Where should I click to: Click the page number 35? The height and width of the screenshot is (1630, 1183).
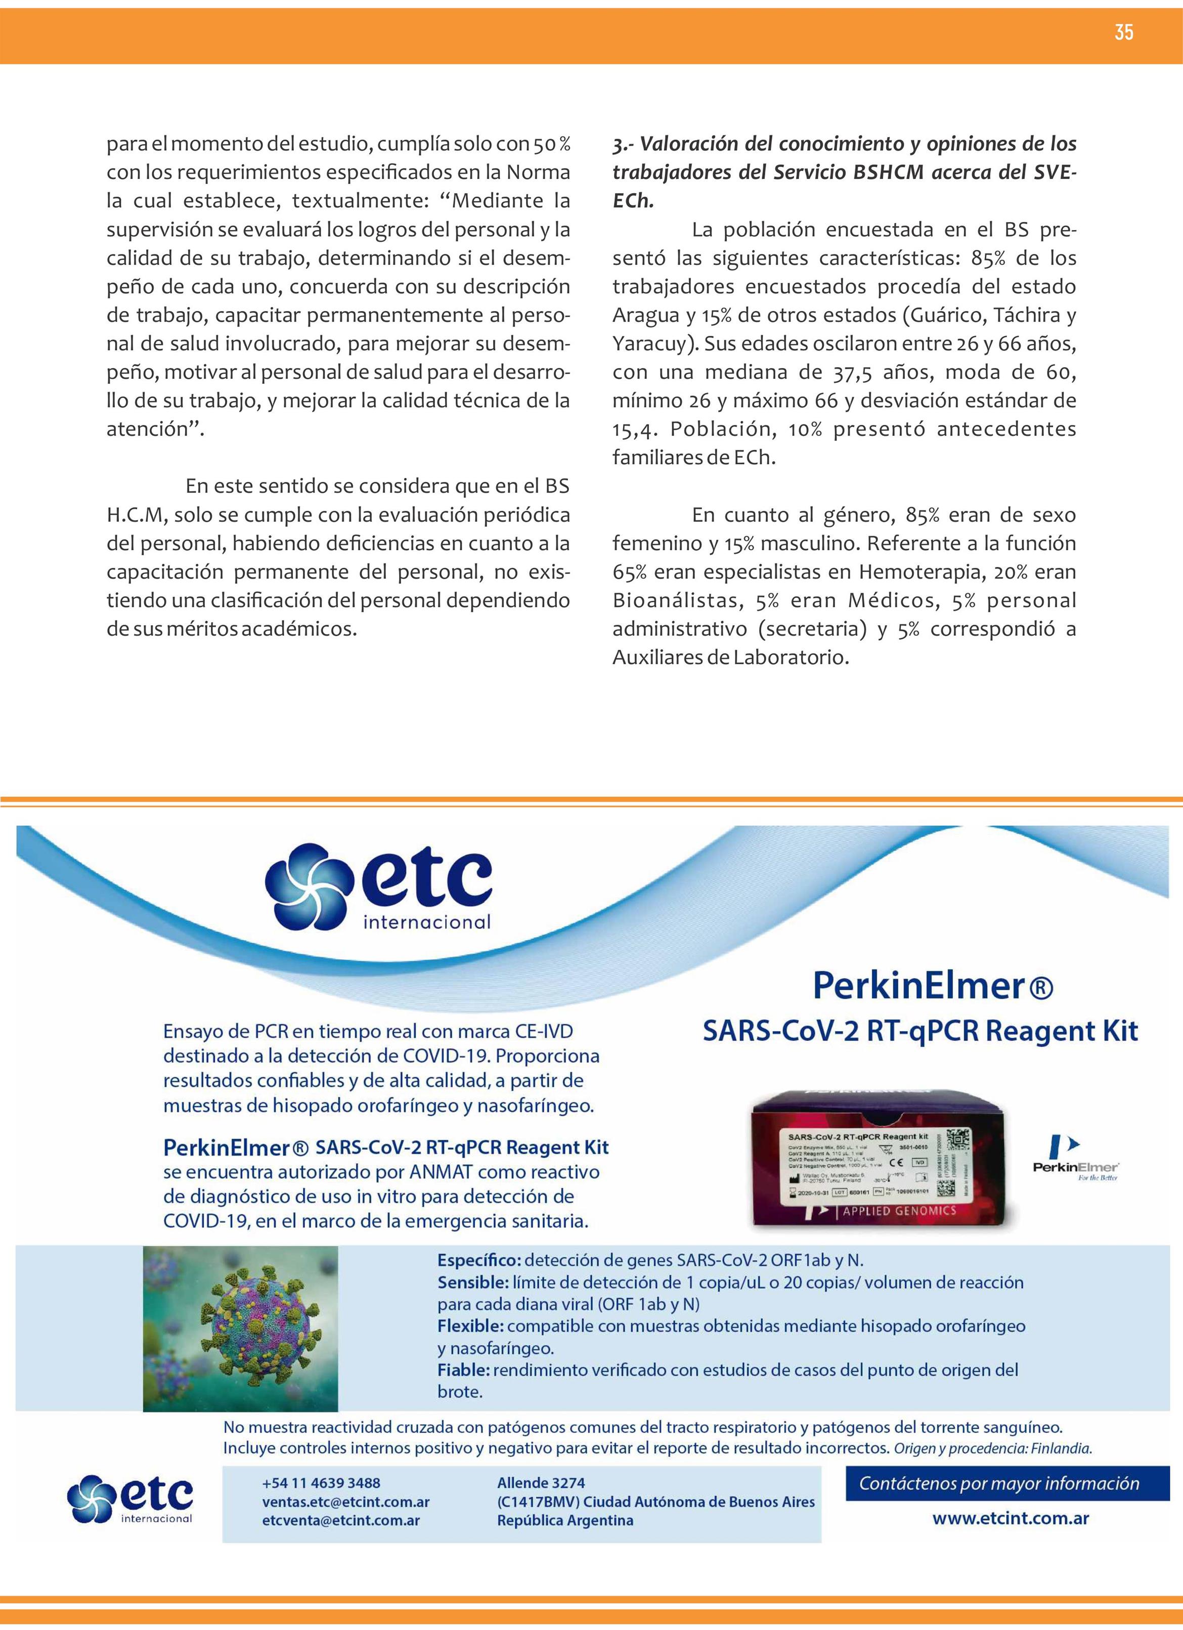[1124, 32]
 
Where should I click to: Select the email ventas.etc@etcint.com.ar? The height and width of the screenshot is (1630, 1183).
[346, 1502]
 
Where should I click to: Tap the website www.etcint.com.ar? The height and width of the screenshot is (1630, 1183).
[1010, 1519]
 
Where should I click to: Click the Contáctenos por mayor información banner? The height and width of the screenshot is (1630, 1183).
[999, 1483]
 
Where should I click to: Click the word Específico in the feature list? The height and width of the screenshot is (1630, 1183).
[478, 1260]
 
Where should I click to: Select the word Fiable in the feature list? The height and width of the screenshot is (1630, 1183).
[464, 1370]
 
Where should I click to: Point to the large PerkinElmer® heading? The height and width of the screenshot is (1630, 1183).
[932, 985]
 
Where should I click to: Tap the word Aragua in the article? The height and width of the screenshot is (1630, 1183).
[645, 316]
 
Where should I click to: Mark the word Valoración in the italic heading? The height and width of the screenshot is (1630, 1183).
[688, 144]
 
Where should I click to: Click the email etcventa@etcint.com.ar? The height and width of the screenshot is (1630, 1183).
[341, 1520]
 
